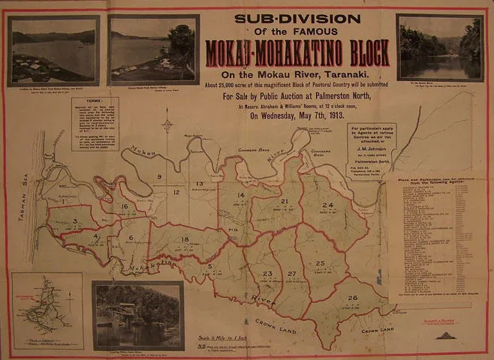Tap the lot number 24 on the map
click(327, 205)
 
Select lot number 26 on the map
click(353, 298)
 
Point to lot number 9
click(159, 177)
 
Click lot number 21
click(285, 202)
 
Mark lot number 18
click(185, 238)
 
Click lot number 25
click(320, 263)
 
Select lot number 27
click(292, 274)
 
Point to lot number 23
click(268, 274)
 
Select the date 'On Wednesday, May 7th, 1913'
click(297, 117)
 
